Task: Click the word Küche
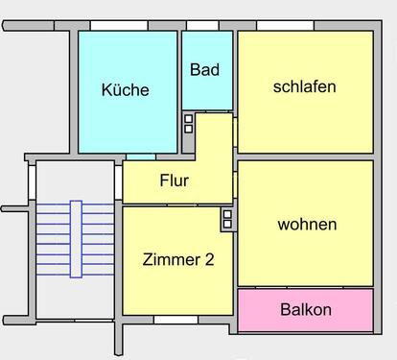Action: [125, 90]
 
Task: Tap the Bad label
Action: [204, 70]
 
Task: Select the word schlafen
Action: [304, 86]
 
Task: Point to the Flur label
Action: [174, 180]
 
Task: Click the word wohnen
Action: [307, 225]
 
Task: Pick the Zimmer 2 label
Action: [177, 259]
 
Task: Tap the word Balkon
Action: [306, 310]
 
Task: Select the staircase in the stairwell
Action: [76, 239]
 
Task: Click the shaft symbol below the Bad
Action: [188, 123]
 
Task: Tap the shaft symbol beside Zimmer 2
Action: [227, 219]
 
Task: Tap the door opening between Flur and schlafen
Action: [235, 132]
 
